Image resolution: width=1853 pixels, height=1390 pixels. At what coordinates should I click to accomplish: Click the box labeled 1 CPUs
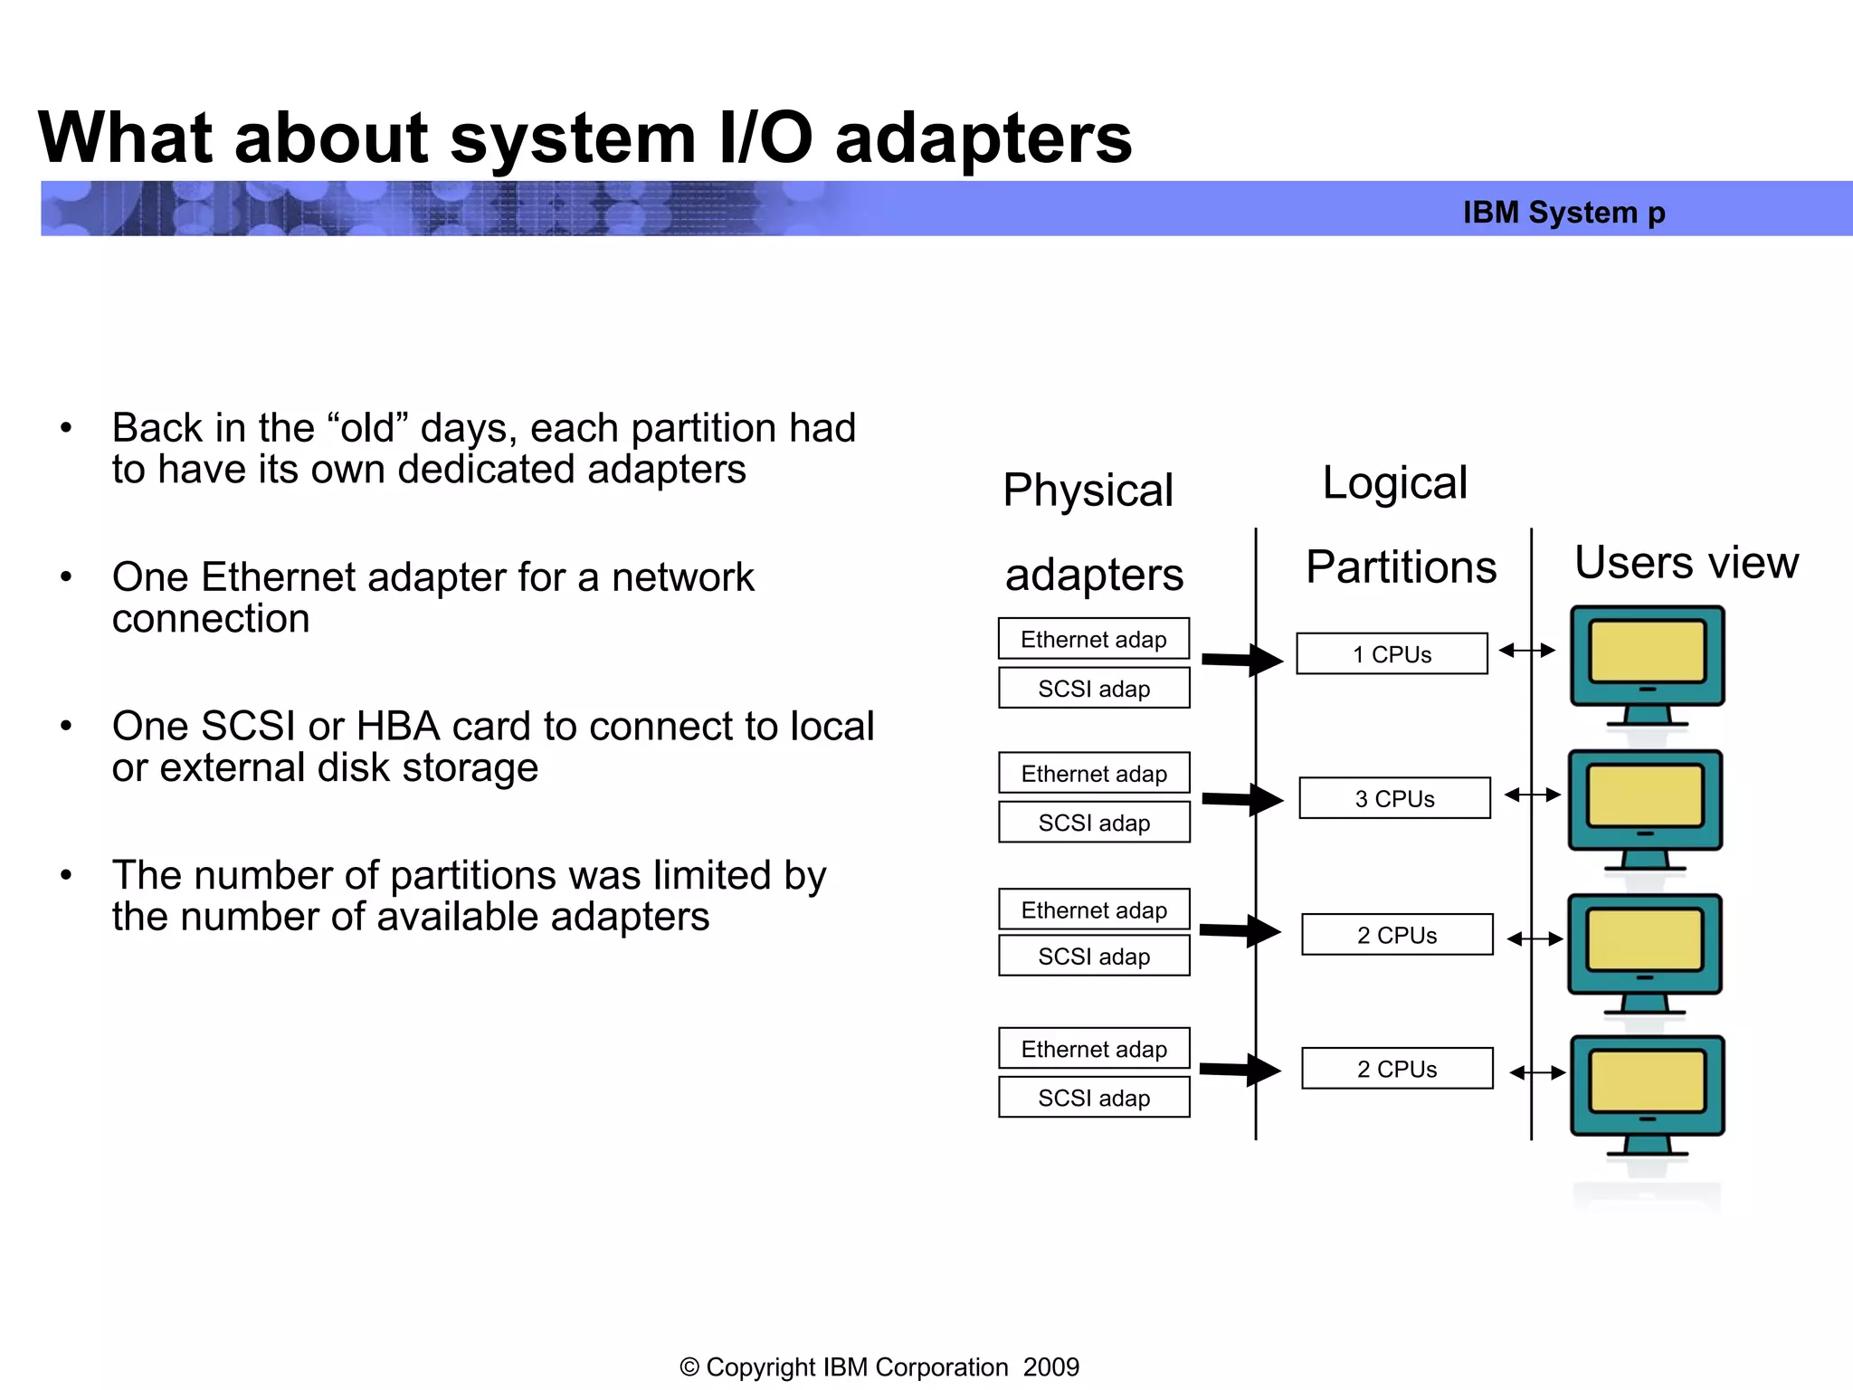point(1392,653)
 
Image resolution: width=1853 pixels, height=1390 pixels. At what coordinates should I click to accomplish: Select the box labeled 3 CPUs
point(1394,798)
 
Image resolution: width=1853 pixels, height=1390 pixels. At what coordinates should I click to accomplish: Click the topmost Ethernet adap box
point(1093,639)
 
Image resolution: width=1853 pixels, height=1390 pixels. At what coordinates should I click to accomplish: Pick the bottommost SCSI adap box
point(1093,1098)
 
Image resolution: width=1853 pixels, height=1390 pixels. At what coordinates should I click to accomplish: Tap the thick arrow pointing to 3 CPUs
point(1242,799)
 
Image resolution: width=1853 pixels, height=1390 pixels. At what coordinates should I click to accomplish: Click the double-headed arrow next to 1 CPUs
point(1526,650)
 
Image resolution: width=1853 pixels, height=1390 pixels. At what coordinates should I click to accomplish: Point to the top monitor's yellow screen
point(1647,652)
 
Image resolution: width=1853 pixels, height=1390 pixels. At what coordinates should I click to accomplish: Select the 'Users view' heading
point(1686,562)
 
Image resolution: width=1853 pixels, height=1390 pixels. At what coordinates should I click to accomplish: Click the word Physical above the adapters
point(1088,490)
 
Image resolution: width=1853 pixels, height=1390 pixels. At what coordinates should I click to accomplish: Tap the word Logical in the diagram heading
point(1394,482)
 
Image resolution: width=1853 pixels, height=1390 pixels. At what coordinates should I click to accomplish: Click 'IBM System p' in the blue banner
point(1563,212)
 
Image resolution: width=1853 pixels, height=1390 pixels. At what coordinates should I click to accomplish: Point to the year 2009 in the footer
point(1050,1366)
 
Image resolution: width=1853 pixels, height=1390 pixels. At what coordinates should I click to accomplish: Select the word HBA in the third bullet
point(397,726)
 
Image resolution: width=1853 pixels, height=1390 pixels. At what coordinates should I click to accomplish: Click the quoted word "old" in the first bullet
point(368,427)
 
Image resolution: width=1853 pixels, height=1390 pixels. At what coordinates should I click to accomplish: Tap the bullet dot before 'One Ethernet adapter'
point(66,576)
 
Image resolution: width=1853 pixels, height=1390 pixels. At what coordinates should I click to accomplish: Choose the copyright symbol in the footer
point(689,1367)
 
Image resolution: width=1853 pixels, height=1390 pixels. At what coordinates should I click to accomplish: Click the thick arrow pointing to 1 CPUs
point(1242,660)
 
